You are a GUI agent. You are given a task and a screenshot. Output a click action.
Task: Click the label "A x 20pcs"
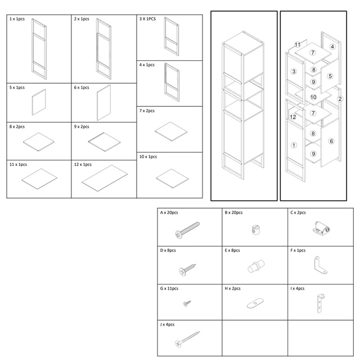(x=169, y=213)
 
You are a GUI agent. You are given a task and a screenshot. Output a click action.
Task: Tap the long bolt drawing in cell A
(x=187, y=230)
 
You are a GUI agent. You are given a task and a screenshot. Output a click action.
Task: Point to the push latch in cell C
(x=321, y=228)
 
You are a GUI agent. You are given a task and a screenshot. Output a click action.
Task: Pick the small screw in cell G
(x=187, y=304)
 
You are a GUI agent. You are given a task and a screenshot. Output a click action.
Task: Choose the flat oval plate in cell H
(x=255, y=303)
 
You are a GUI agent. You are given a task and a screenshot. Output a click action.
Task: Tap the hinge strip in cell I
(x=320, y=304)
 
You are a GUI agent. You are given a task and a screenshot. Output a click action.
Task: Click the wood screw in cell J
(x=187, y=339)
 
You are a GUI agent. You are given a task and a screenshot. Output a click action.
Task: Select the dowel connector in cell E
(x=256, y=266)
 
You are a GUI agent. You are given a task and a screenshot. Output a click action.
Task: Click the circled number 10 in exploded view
(x=313, y=97)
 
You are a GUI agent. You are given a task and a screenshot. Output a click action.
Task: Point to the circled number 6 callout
(x=331, y=141)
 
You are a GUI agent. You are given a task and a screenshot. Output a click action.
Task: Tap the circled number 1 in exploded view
(x=294, y=145)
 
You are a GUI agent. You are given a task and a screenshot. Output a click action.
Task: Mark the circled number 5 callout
(x=330, y=76)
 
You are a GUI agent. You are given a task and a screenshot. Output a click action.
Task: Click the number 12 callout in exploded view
(x=293, y=117)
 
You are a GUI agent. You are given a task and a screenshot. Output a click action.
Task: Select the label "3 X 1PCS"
(x=147, y=19)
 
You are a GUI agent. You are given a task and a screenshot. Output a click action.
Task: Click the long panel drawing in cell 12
(x=105, y=178)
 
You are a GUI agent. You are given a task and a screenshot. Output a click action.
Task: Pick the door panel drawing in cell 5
(x=39, y=102)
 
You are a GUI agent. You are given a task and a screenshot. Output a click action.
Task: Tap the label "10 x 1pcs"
(x=148, y=156)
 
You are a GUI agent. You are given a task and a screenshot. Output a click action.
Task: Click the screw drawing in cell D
(x=187, y=269)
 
